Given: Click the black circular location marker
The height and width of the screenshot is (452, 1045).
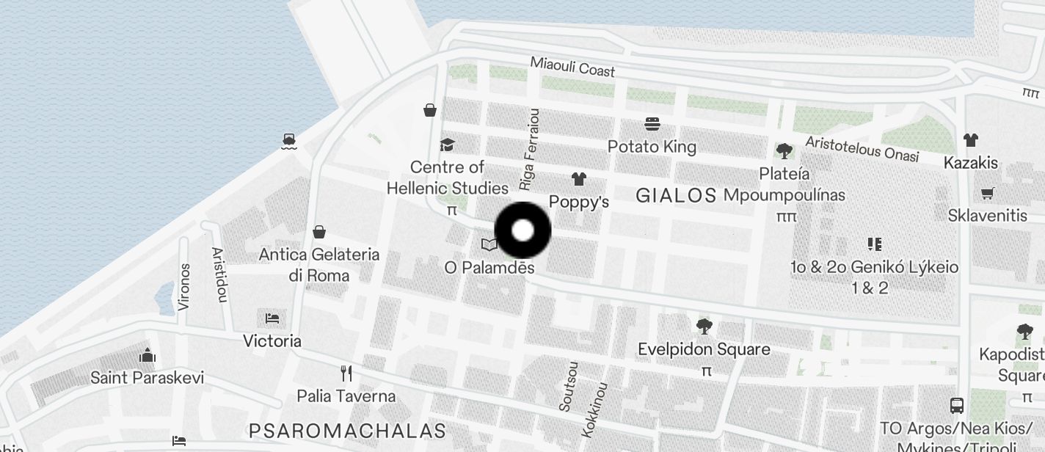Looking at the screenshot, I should [x=522, y=230].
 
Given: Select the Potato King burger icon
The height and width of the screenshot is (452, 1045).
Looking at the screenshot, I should [x=652, y=124].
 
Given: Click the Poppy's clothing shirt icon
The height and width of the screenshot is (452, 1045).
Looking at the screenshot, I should [x=579, y=178].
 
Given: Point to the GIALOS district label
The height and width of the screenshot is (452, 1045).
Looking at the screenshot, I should [x=676, y=195].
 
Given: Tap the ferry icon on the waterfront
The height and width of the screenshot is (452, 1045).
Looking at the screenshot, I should [x=289, y=140].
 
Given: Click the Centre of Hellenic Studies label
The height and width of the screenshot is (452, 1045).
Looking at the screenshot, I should [x=448, y=178].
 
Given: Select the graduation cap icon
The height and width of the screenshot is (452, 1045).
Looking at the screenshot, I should [x=447, y=145].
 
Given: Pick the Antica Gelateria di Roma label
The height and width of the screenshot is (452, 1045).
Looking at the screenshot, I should [x=319, y=265].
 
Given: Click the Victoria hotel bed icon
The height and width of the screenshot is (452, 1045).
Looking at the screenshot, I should [x=272, y=318].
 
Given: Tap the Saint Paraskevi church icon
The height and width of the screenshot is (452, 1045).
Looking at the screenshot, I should [x=148, y=356].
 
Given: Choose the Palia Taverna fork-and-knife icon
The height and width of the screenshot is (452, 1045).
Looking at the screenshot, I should [x=346, y=373].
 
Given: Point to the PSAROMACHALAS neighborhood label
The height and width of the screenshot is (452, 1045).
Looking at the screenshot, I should [x=347, y=430].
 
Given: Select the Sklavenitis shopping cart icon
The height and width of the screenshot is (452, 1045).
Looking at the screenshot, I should [x=987, y=194].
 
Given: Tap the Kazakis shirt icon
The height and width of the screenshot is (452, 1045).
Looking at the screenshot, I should [x=971, y=139].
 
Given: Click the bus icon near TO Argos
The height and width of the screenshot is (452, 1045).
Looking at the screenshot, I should [x=957, y=405].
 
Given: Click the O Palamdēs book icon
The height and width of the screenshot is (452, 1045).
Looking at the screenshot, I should [x=489, y=245].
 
